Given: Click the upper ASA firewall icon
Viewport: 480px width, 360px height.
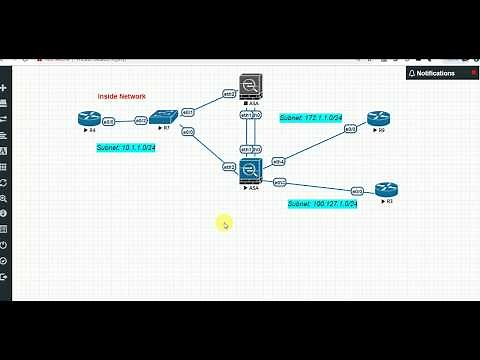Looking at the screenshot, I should point(250,86).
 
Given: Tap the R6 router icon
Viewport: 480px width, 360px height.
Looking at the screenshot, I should point(377,119).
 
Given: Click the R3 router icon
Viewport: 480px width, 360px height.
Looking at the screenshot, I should point(385,189).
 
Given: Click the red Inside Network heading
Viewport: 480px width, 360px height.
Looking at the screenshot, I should point(121,96).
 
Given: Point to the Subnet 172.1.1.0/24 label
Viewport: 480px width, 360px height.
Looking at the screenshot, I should point(311,117).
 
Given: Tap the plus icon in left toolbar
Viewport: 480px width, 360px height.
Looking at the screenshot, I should point(5,88).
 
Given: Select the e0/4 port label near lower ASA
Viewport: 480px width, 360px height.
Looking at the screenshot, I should point(279,161).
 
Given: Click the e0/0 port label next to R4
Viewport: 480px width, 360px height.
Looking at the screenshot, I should point(108,121).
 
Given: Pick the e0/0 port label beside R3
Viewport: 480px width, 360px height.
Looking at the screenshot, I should point(357,190).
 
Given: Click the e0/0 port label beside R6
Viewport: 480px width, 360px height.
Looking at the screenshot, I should point(351,129).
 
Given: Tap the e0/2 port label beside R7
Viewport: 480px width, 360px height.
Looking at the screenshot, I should point(141,121).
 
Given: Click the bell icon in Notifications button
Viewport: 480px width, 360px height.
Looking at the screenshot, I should point(412,73).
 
